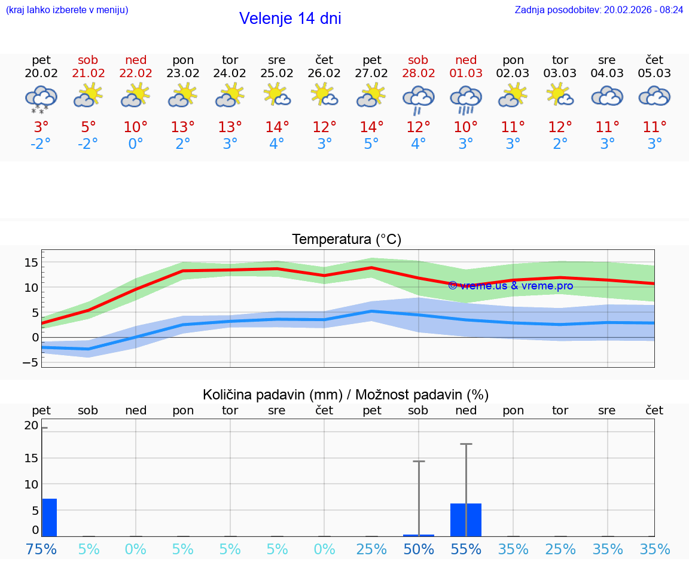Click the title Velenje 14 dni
pos(290,19)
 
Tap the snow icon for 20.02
pos(41,99)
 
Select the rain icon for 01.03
pos(466,99)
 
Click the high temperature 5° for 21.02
pos(88,127)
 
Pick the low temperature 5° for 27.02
pos(371,144)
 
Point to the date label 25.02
pos(277,74)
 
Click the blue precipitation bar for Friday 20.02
pos(49,517)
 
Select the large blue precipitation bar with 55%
pos(466,520)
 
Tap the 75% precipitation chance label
pos(41,549)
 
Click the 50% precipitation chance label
pos(419,549)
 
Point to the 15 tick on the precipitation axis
pos(31,458)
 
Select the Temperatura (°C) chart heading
pos(347,240)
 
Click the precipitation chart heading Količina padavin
pos(346,395)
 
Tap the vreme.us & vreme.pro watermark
pos(511,286)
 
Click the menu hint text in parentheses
pos(67,10)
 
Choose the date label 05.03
pos(654,74)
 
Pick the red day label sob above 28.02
pos(418,60)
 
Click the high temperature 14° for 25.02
pos(277,127)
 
